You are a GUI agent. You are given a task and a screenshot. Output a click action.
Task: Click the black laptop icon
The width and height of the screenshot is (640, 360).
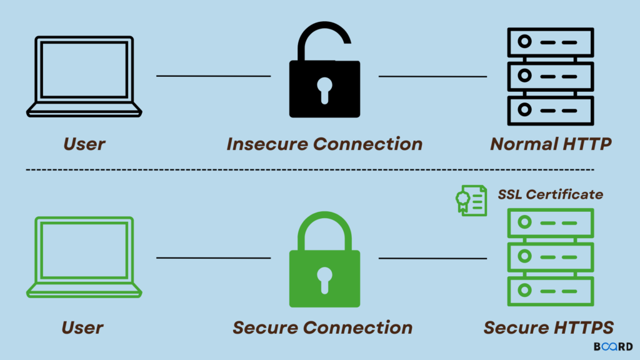coord(84,77)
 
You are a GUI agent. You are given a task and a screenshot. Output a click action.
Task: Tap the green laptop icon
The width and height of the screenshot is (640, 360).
coord(84,257)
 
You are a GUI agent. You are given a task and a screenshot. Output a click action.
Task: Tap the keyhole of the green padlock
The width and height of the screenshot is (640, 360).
coord(324,279)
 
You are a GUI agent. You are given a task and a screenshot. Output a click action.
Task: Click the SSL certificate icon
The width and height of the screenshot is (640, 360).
coord(471,199)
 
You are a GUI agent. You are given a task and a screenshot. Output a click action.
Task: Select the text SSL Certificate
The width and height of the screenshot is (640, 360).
coord(550,194)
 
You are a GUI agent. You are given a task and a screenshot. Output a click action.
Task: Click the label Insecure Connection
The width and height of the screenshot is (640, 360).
coord(324,144)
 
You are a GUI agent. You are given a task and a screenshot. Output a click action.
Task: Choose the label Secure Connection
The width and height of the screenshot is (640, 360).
coord(322,327)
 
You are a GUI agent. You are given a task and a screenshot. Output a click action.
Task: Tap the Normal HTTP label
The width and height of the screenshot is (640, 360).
coord(551,144)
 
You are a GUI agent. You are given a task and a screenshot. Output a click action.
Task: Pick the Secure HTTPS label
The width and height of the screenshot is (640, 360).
coord(549,327)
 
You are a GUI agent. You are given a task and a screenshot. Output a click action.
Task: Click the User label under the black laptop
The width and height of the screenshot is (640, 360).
coord(84,144)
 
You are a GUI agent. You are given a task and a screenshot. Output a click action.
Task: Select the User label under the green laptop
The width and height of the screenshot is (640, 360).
coord(82,327)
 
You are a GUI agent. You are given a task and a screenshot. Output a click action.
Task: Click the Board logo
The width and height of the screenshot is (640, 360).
coord(612,346)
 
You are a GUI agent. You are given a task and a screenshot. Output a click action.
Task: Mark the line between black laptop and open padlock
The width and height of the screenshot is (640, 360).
coord(213,76)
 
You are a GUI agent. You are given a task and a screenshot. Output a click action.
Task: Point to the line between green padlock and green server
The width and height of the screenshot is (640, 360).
coord(432,257)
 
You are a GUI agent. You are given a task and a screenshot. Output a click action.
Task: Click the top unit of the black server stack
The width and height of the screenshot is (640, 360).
coord(549,42)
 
